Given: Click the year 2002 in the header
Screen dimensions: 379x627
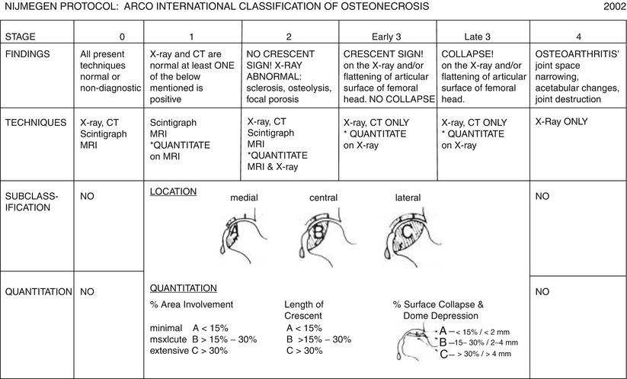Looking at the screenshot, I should [611, 7].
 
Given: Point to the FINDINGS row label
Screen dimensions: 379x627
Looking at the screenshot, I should [26, 55].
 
